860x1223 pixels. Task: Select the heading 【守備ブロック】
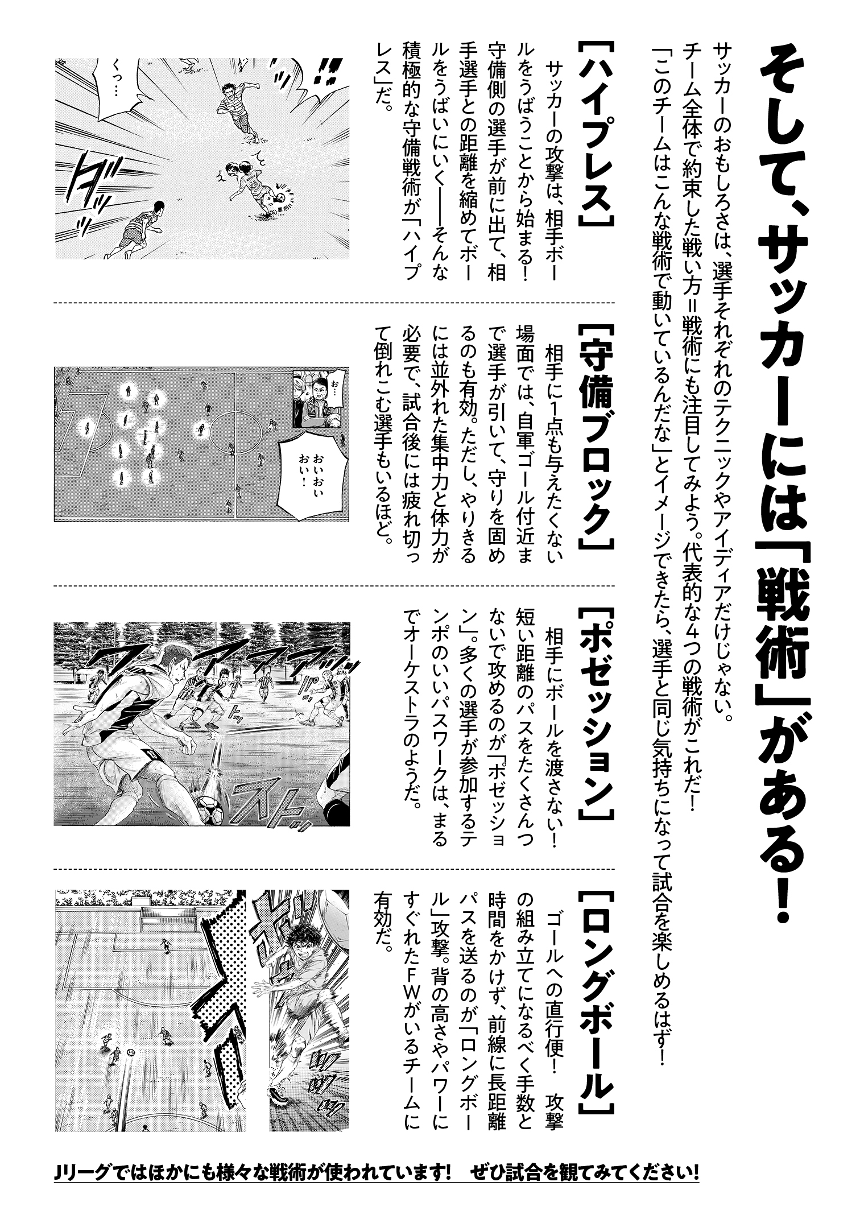(x=597, y=438)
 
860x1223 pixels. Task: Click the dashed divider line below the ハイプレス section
(x=334, y=303)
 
